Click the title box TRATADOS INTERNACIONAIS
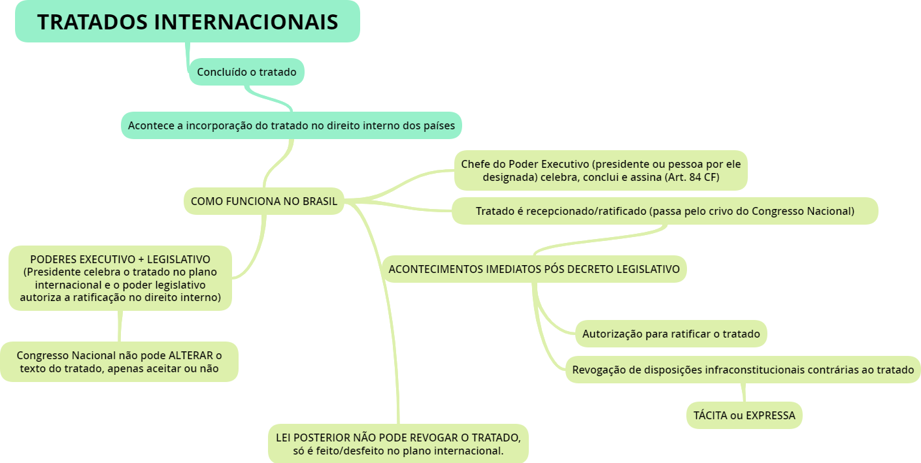pyautogui.click(x=188, y=22)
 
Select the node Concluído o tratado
pyautogui.click(x=246, y=72)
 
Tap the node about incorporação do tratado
pyautogui.click(x=291, y=125)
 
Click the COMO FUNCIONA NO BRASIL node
pyautogui.click(x=263, y=201)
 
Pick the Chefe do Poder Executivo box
pyautogui.click(x=601, y=170)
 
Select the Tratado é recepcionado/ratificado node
pyautogui.click(x=665, y=211)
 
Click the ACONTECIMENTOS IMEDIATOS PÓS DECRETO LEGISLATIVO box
pyautogui.click(x=534, y=269)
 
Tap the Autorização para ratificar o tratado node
pyautogui.click(x=671, y=334)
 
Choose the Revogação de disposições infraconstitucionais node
pyautogui.click(x=743, y=370)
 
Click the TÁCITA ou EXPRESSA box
pyautogui.click(x=744, y=415)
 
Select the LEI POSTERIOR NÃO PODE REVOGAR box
pyautogui.click(x=398, y=443)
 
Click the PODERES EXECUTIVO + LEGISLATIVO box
pyautogui.click(x=120, y=278)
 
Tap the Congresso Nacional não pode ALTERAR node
pyautogui.click(x=119, y=362)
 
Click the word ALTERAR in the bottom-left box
pyautogui.click(x=192, y=355)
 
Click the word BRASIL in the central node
pyautogui.click(x=320, y=201)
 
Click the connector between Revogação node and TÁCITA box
pyautogui.click(x=743, y=392)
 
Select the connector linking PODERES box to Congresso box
pyautogui.click(x=120, y=326)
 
